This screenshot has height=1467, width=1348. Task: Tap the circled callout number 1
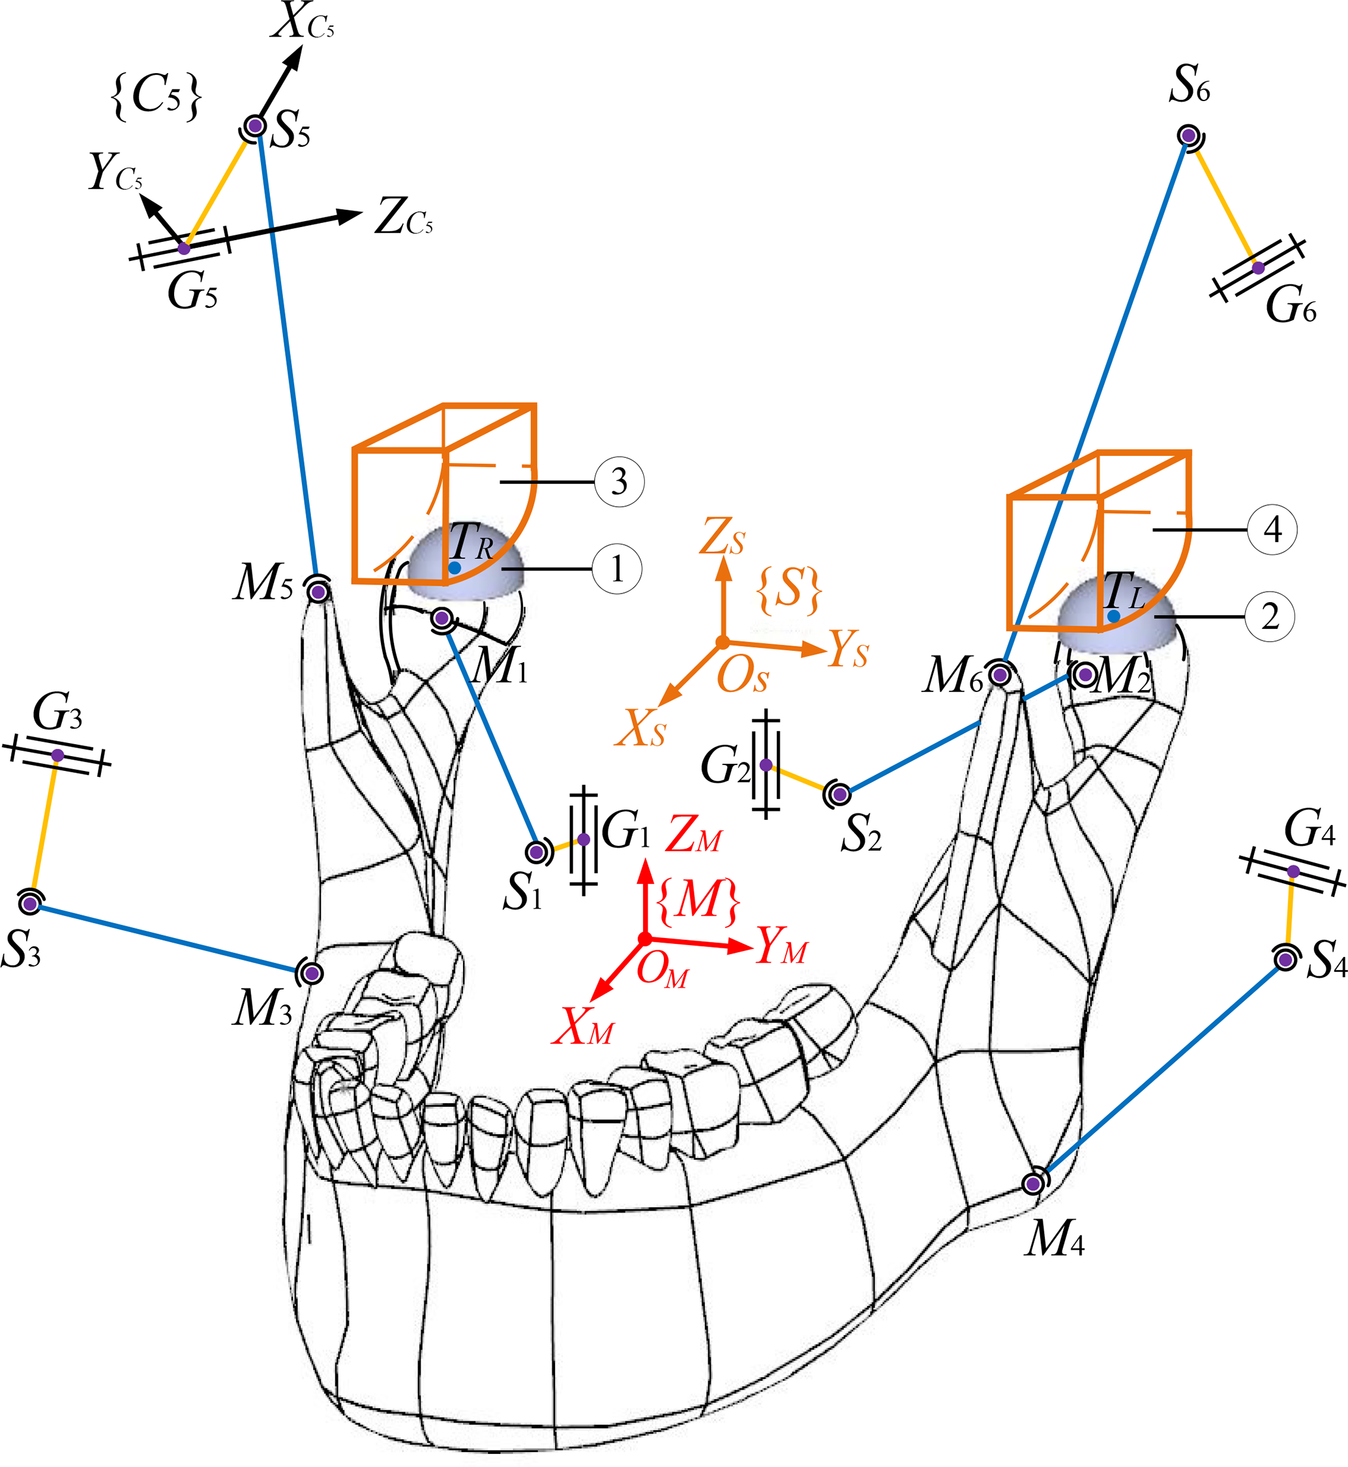point(617,568)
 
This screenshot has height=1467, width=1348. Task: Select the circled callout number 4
point(1273,529)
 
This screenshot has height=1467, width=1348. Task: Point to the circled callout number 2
point(1270,616)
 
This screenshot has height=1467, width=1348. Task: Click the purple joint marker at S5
point(255,126)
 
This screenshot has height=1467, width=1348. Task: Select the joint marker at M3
point(312,973)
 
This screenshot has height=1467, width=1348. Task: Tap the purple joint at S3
point(30,904)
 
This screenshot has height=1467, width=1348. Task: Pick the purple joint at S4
point(1285,960)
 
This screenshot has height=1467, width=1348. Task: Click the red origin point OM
point(645,939)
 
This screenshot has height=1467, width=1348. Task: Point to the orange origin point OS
point(722,642)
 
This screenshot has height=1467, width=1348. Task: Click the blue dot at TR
point(455,567)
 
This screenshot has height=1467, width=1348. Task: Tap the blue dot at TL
point(1114,616)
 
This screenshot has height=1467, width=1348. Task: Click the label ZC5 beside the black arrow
point(404,217)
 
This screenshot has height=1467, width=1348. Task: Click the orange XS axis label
point(641,728)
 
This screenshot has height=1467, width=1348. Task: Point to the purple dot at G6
point(1258,267)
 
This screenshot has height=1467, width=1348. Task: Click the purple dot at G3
point(58,755)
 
